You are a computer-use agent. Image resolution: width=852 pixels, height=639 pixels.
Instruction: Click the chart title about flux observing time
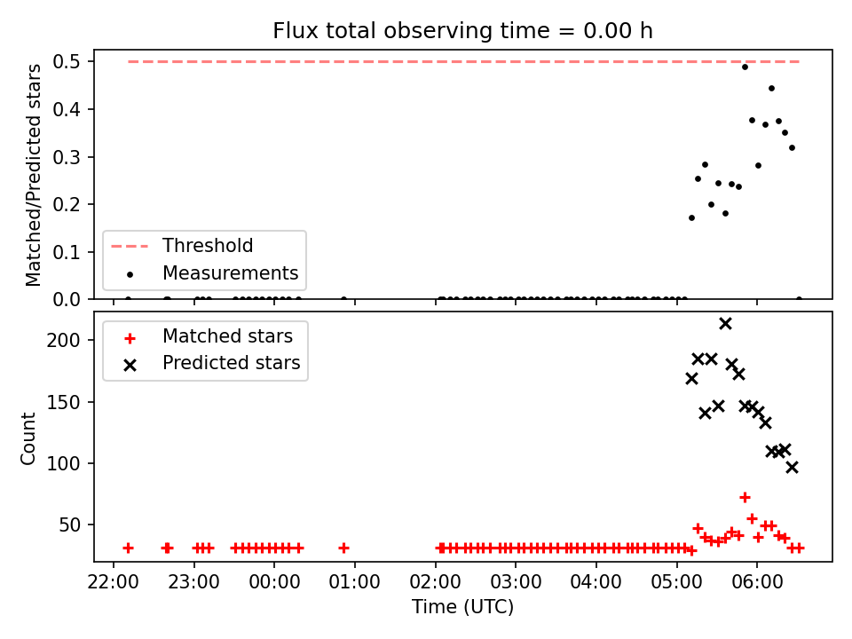click(462, 31)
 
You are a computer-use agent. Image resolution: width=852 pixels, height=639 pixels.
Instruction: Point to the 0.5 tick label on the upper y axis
click(67, 62)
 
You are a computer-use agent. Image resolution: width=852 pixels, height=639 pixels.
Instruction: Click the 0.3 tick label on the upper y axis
click(67, 158)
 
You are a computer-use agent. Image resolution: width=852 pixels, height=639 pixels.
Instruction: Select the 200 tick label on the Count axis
click(63, 341)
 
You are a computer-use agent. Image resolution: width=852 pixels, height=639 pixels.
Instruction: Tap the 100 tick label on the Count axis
click(63, 464)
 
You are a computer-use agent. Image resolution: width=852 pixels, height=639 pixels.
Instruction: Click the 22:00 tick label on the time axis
click(113, 582)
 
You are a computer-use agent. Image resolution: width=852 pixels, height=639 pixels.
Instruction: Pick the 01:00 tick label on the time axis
click(355, 582)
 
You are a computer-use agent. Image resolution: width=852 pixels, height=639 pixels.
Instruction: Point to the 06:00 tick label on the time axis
click(757, 582)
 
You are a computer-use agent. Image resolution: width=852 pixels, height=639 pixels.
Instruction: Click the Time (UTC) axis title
click(462, 606)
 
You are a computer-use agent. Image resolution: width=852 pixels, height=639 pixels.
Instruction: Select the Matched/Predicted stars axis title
click(34, 175)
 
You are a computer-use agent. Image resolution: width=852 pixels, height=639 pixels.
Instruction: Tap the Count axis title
click(28, 438)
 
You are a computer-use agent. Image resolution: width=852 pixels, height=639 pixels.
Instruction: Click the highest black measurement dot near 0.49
click(745, 67)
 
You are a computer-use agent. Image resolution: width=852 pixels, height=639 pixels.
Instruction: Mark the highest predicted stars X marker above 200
click(725, 324)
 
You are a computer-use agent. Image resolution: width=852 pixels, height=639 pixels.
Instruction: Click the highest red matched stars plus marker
click(745, 497)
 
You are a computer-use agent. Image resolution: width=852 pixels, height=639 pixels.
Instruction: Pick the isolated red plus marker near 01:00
click(343, 548)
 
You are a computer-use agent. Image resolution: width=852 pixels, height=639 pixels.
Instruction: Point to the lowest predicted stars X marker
click(793, 468)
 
